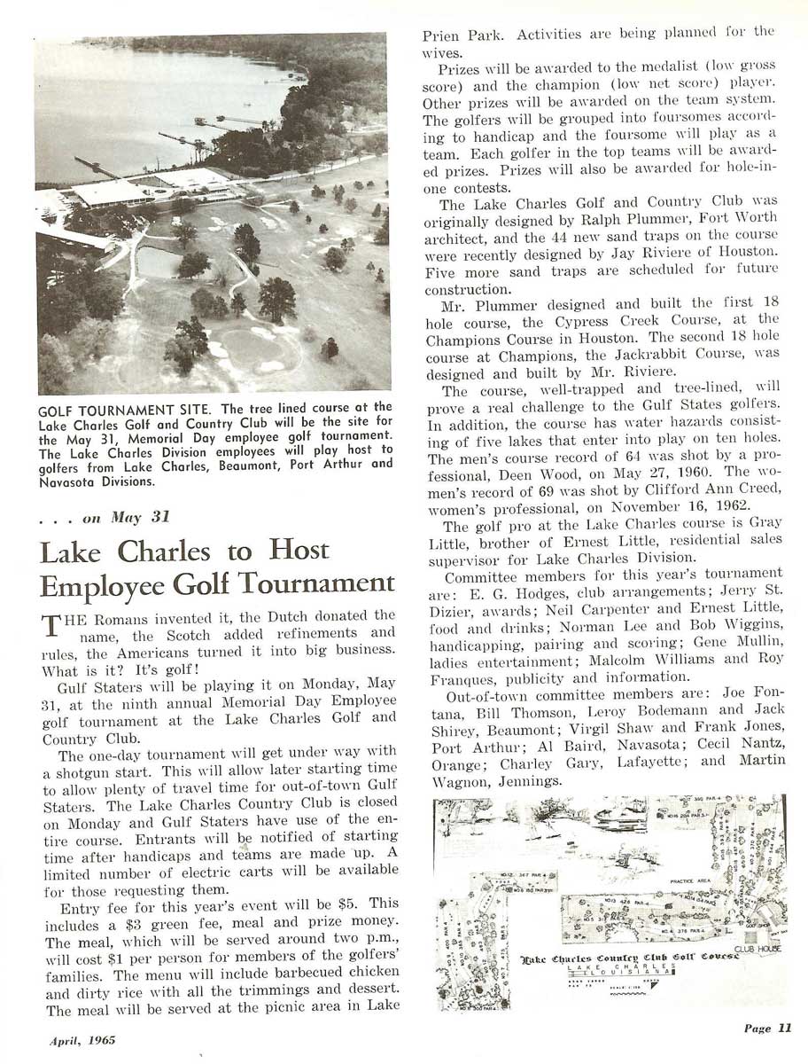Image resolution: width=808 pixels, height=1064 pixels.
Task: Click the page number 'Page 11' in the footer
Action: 767,1029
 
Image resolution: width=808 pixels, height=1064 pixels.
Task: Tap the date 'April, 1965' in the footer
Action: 82,1040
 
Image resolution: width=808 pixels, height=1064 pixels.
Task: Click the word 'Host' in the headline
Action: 299,552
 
